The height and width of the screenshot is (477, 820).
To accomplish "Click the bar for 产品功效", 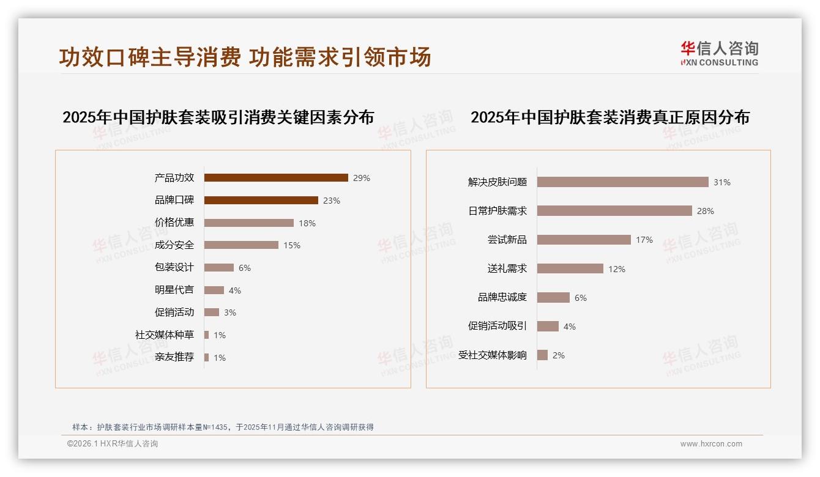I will tap(276, 178).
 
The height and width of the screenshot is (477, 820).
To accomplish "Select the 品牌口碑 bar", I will tap(261, 200).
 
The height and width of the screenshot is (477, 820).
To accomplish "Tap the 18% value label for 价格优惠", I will tap(307, 223).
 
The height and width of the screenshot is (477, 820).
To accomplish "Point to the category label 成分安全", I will tap(174, 245).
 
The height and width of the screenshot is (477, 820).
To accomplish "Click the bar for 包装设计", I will tap(219, 267).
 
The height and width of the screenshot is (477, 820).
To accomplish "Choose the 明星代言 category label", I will tap(174, 290).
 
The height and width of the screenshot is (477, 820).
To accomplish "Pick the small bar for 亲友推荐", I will tap(207, 357).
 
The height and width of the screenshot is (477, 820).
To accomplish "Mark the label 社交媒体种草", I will tap(165, 335).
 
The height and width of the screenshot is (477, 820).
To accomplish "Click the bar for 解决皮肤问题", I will tap(622, 182).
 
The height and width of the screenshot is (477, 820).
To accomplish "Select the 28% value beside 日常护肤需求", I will tap(706, 211).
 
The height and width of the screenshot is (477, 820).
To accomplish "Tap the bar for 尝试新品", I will tap(584, 240).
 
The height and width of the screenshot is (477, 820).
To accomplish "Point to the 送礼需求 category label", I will tap(507, 268).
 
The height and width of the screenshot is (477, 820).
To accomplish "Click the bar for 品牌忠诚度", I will tap(553, 297).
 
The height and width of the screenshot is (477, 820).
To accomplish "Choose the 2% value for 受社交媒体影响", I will tap(559, 355).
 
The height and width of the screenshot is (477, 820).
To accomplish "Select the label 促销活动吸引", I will tap(498, 326).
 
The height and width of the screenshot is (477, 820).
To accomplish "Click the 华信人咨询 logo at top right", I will tap(719, 53).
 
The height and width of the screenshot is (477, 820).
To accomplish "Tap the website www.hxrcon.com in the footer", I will tap(711, 444).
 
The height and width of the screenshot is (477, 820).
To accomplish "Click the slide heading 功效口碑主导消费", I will tap(150, 57).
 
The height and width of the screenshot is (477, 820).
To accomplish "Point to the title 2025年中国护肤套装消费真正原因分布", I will tap(610, 117).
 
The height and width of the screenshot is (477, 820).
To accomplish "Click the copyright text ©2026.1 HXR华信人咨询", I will tap(113, 444).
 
